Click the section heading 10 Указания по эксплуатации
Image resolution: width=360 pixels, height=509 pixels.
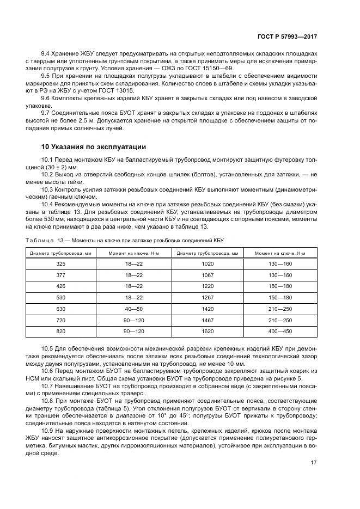coord(93,146)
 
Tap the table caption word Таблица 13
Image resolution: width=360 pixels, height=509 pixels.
coord(45,240)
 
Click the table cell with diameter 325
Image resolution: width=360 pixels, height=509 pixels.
coord(60,263)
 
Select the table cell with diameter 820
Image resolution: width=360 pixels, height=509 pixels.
coord(60,332)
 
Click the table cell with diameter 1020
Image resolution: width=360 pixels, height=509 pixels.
coord(208,263)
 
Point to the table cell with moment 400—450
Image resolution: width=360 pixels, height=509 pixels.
coord(280,332)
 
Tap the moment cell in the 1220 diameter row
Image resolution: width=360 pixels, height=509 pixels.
coord(280,286)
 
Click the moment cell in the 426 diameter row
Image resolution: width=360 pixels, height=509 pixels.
coord(133,286)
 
